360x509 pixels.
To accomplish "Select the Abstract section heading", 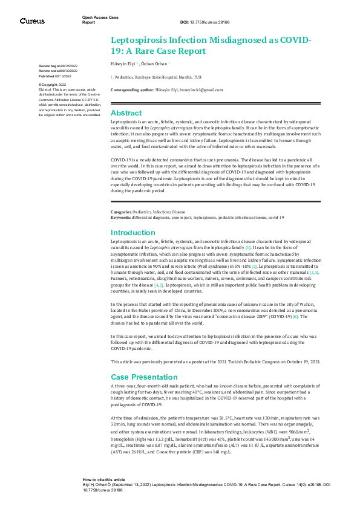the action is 126,113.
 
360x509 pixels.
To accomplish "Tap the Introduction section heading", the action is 133,233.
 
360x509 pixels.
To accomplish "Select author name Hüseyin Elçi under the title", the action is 124,62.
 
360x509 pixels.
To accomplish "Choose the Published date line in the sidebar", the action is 56,76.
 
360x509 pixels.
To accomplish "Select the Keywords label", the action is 122,216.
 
